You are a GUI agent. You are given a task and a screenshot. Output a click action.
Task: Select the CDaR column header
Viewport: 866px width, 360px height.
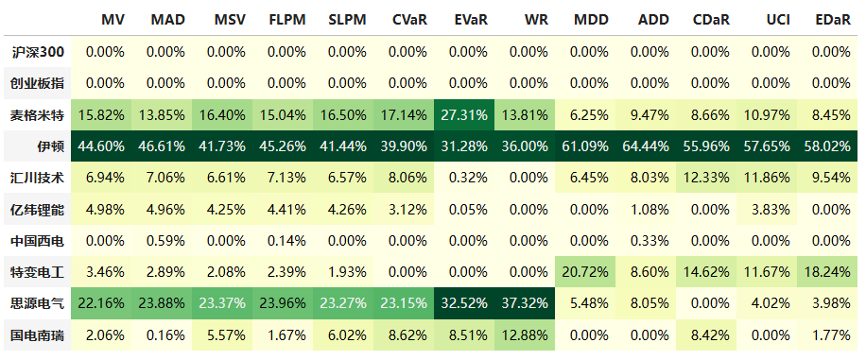pyautogui.click(x=711, y=20)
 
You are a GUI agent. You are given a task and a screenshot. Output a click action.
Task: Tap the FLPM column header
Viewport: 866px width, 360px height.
pyautogui.click(x=286, y=20)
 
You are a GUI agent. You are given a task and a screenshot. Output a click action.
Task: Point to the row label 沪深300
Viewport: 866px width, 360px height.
pyautogui.click(x=38, y=52)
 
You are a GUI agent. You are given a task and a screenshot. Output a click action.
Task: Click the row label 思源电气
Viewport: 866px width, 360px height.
pyautogui.click(x=38, y=303)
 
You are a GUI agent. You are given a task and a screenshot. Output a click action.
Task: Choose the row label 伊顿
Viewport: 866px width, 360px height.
pyautogui.click(x=51, y=146)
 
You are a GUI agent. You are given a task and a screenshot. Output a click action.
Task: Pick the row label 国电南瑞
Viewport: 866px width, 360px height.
pyautogui.click(x=38, y=334)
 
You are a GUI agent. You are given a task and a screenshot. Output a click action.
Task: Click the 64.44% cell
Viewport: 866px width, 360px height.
pyautogui.click(x=650, y=146)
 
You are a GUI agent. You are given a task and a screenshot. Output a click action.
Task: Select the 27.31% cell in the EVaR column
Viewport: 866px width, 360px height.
pyautogui.click(x=468, y=115)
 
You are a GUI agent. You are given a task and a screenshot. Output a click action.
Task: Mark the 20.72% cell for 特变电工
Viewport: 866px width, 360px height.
pyautogui.click(x=589, y=272)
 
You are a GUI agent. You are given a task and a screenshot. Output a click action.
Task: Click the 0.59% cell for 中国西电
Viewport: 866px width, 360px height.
pyautogui.click(x=165, y=240)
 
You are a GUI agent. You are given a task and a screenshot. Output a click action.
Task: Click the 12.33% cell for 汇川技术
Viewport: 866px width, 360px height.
pyautogui.click(x=711, y=178)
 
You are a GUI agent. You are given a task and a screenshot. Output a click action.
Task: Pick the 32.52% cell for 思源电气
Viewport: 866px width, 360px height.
pyautogui.click(x=468, y=303)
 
